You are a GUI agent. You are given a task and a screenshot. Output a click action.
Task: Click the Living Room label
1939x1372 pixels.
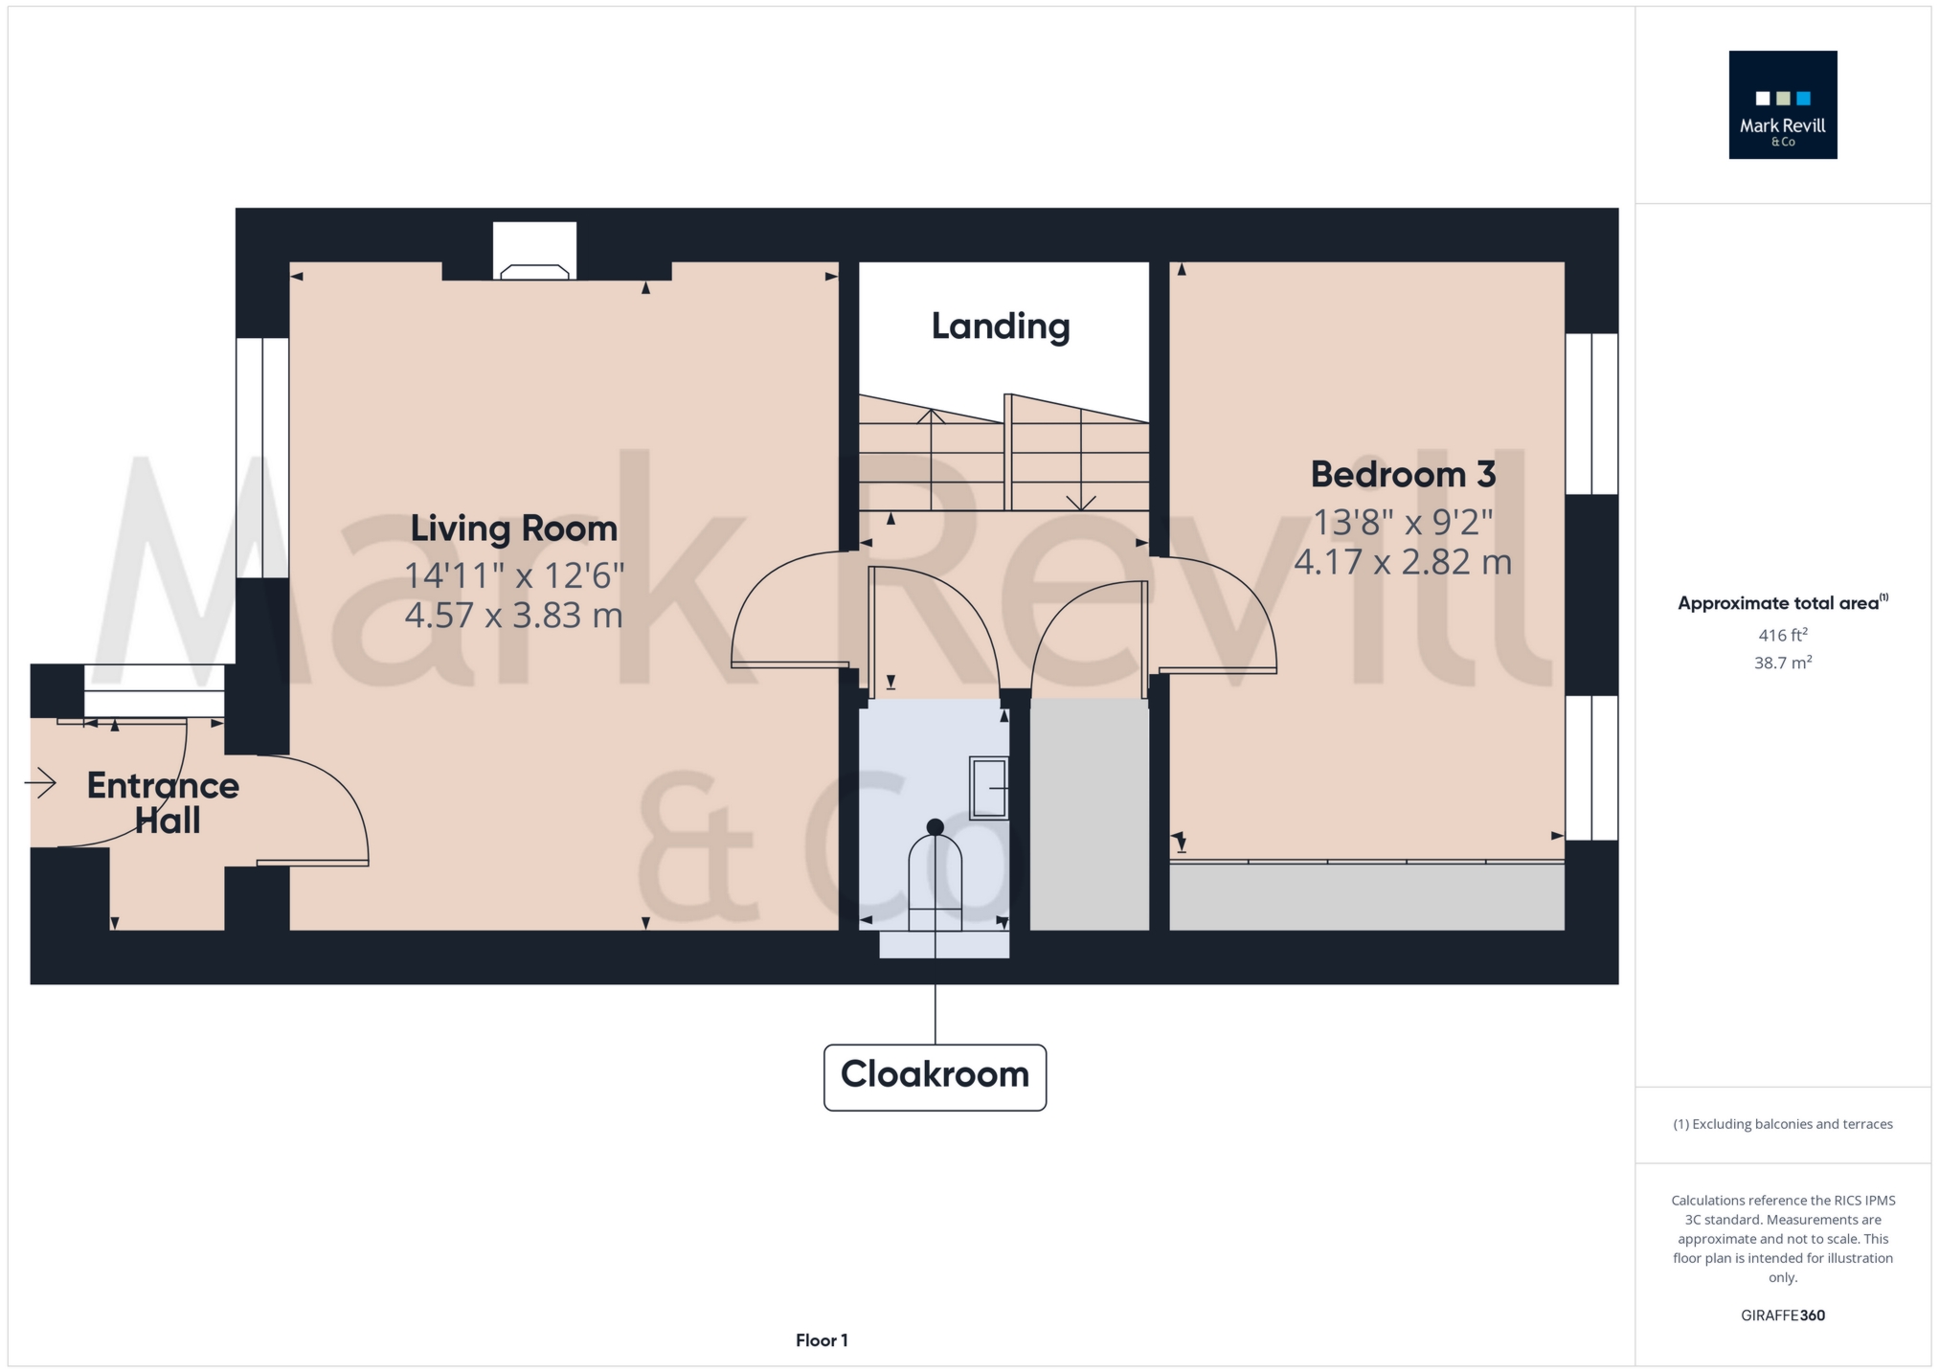[x=513, y=529]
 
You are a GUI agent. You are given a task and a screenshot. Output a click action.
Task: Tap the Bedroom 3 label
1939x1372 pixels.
[x=1402, y=474]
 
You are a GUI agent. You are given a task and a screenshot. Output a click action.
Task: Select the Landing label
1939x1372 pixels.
[x=1001, y=326]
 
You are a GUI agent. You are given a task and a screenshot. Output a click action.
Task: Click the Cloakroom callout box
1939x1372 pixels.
[x=935, y=1076]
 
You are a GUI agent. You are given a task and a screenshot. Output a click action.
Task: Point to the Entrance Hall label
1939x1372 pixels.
[x=164, y=802]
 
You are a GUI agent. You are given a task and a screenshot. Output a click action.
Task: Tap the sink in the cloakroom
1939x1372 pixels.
[x=989, y=787]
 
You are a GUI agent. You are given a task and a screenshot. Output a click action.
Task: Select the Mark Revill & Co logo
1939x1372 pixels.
[x=1782, y=104]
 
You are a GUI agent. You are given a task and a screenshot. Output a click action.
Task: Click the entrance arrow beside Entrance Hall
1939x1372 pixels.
[x=40, y=784]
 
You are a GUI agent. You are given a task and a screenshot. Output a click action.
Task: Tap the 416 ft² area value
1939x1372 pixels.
[x=1782, y=635]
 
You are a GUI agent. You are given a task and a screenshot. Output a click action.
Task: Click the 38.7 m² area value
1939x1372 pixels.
[x=1782, y=663]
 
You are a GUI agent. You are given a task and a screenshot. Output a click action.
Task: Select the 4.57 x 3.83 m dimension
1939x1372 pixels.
[x=513, y=615]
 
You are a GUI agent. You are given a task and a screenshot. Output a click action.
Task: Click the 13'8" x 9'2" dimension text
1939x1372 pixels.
[x=1402, y=523]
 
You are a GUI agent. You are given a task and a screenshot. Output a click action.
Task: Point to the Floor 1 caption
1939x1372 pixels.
[x=822, y=1340]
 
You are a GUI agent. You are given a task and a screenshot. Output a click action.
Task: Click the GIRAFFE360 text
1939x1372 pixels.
[x=1782, y=1316]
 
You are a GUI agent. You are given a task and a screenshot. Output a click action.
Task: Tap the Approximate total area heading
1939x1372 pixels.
[x=1782, y=603]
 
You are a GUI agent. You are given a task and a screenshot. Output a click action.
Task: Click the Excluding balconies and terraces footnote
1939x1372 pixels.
[x=1782, y=1124]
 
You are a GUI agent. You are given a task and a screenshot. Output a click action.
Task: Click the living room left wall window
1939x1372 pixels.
[x=262, y=458]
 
